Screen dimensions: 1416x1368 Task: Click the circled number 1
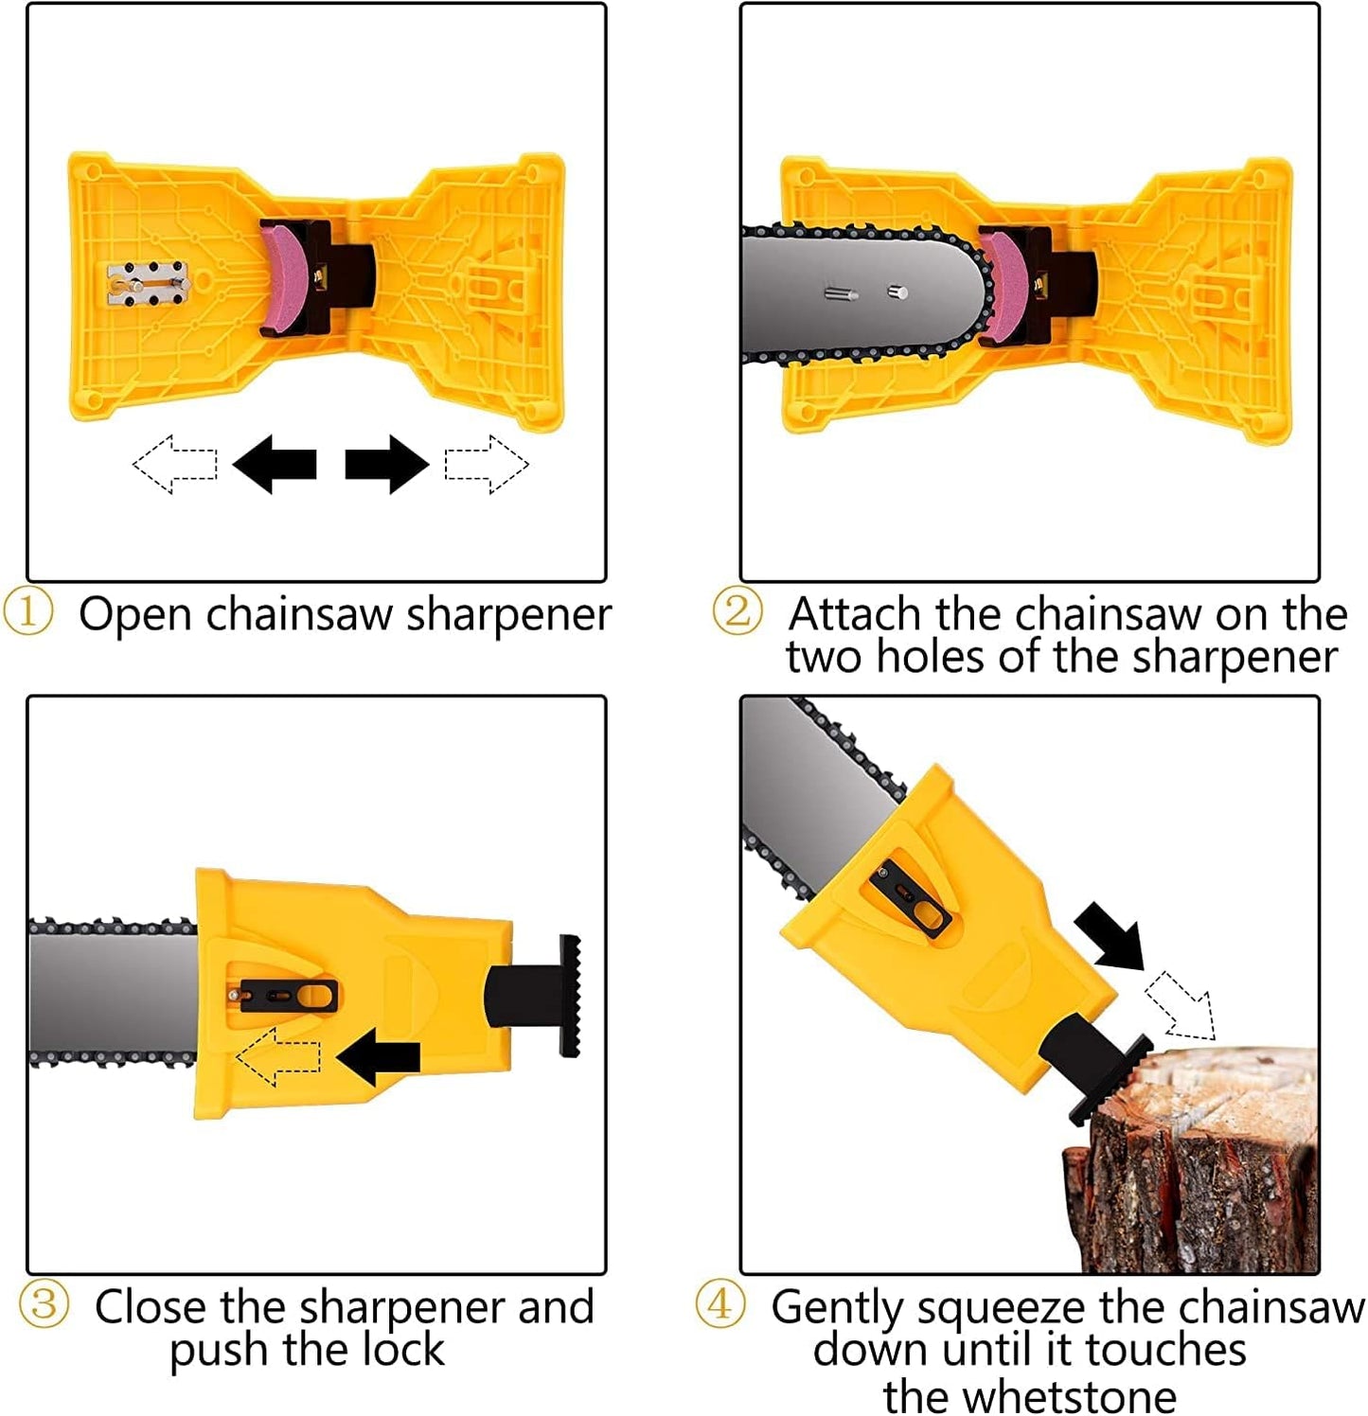click(28, 612)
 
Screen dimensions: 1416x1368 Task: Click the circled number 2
click(737, 611)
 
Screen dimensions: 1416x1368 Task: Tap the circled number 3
click(44, 1304)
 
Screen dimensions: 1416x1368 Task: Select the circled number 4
click(720, 1304)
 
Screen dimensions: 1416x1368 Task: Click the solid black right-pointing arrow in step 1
click(386, 464)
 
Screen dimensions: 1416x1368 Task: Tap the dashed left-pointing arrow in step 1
click(175, 464)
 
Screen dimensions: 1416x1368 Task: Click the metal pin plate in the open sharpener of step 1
click(149, 285)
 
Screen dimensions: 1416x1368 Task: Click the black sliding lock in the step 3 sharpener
click(288, 996)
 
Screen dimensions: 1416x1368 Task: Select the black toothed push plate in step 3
click(569, 996)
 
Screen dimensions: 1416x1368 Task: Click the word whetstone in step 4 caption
click(1029, 1395)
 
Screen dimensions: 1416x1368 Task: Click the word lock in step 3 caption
click(404, 1349)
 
